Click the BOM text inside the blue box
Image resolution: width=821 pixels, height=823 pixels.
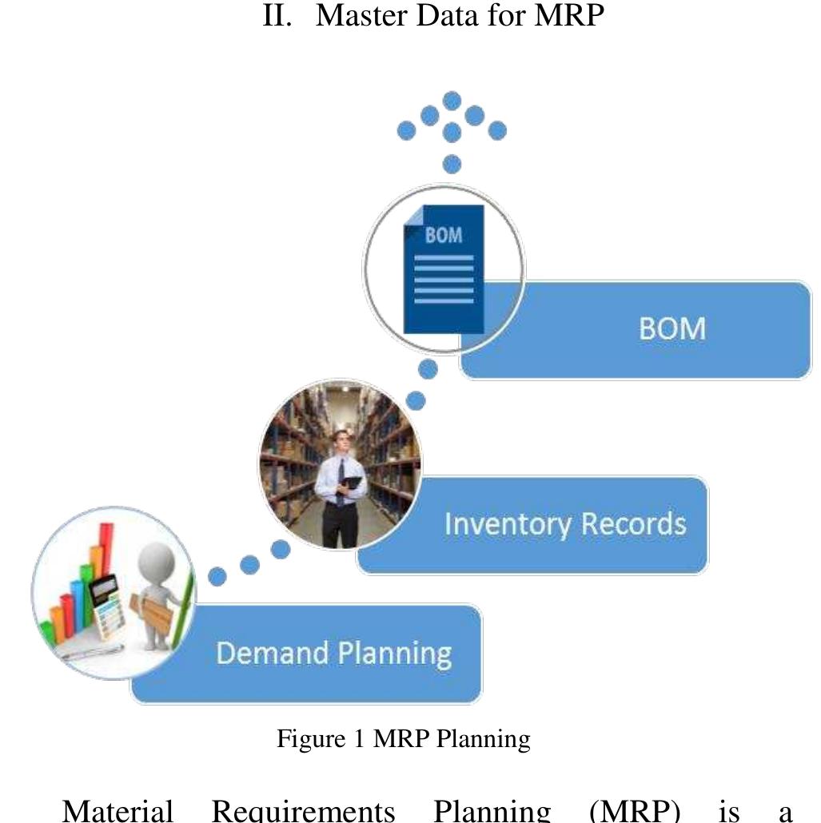[672, 328]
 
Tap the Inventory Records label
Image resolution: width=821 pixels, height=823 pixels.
[565, 524]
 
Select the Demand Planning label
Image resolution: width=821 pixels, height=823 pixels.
[334, 654]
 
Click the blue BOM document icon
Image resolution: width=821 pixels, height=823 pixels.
[444, 269]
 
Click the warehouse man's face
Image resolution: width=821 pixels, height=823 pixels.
[341, 441]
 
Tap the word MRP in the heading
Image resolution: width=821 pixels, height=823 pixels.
[569, 14]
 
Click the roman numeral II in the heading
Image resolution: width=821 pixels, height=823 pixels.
[277, 14]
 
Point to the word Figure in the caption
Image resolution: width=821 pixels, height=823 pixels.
[311, 739]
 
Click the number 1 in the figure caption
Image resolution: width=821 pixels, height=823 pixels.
[359, 738]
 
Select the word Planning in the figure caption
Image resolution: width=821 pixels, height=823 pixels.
[484, 739]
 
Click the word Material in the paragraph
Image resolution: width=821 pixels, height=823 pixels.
[118, 810]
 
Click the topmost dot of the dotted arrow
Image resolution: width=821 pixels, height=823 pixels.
[452, 101]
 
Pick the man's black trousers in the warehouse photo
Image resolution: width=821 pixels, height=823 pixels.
[340, 525]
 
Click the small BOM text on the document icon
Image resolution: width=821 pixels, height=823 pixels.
[444, 235]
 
